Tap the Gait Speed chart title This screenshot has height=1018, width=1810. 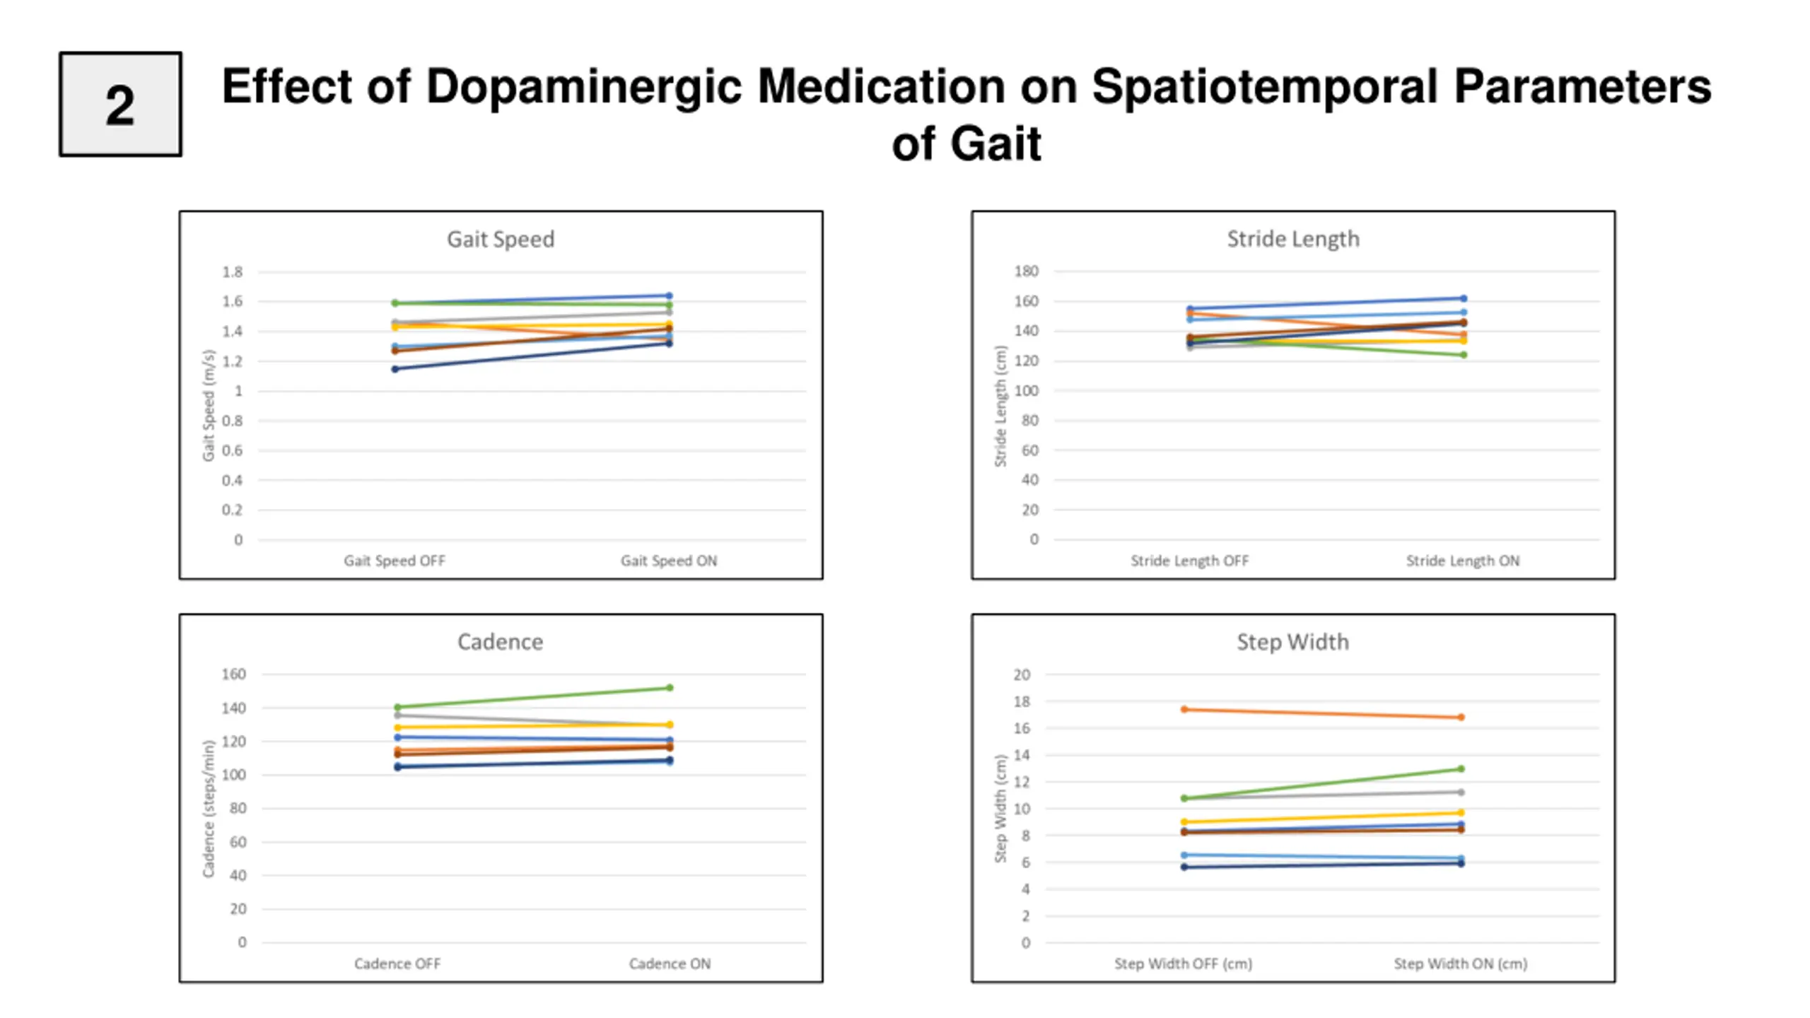coord(501,240)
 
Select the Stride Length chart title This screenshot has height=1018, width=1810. coord(1292,240)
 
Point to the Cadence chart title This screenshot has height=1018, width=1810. coord(500,642)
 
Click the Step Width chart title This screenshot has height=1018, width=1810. coord(1292,642)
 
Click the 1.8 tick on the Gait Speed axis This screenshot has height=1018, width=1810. coord(232,271)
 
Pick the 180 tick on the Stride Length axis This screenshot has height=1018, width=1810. coord(1026,271)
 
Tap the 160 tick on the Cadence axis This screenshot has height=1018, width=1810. coord(233,674)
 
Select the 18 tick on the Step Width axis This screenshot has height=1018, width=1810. coord(1022,701)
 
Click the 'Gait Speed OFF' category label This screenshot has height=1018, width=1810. coord(395,561)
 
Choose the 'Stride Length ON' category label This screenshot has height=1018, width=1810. coord(1462,561)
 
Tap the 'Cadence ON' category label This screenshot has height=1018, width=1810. coord(670,964)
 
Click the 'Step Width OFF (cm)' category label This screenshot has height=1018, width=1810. coord(1183,964)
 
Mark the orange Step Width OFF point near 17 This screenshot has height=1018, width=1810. coord(1184,709)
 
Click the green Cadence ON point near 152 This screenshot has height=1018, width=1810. coord(670,687)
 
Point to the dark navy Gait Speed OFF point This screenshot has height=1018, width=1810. coord(395,369)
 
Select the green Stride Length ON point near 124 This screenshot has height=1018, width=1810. coord(1464,355)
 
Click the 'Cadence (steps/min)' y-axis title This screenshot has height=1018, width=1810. coord(208,809)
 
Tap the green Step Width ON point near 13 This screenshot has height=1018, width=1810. coord(1461,768)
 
